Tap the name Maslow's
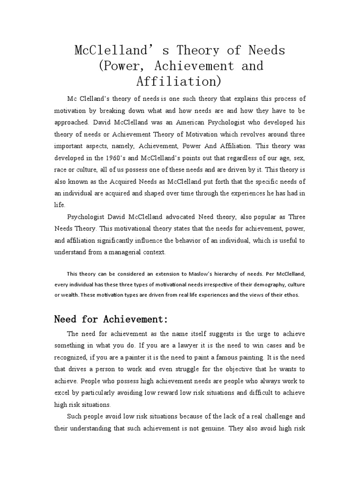click(x=211, y=273)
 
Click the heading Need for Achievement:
click(x=111, y=320)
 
